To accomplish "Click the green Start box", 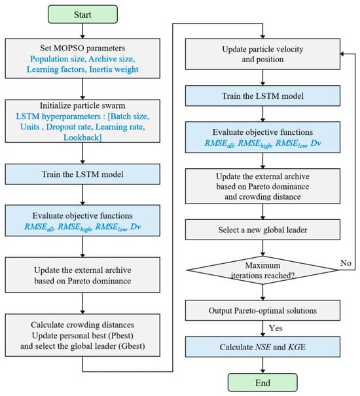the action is (82, 14).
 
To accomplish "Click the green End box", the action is (262, 383).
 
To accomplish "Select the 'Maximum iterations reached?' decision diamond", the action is (262, 270).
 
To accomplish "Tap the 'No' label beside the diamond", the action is (346, 263).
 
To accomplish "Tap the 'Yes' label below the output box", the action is (276, 328).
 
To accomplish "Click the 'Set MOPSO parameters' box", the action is (82, 58).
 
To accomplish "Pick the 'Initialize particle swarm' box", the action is (82, 121).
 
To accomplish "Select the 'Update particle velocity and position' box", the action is (262, 54).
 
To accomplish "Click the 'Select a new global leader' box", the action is (262, 230).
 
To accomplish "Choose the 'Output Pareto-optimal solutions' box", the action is (262, 310).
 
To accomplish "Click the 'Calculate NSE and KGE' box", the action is (262, 347).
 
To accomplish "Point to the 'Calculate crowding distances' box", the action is (82, 335).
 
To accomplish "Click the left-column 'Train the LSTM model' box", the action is (82, 174).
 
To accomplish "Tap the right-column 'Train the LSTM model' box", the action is (262, 96).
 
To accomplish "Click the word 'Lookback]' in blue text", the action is (82, 137).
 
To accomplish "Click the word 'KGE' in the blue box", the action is (297, 347).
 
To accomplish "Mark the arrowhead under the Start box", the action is (82, 37).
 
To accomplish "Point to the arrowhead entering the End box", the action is (262, 372).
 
